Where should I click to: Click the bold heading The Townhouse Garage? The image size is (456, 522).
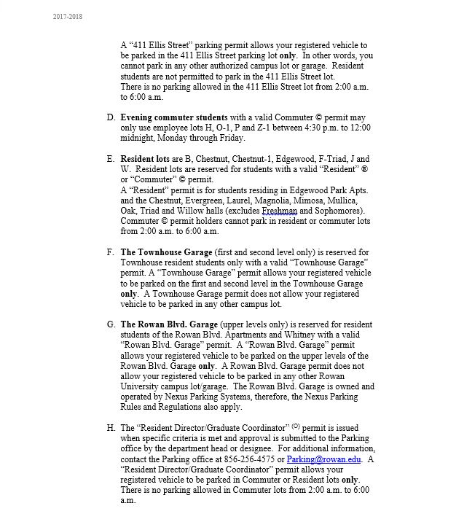(167, 252)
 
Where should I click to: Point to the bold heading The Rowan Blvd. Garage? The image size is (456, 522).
(170, 324)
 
